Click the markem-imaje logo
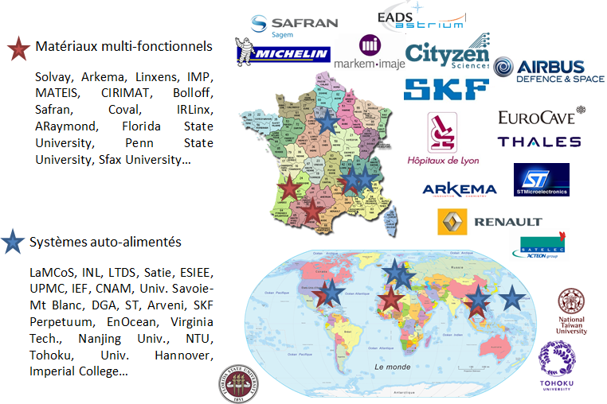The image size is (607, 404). (369, 53)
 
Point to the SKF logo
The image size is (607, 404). (446, 90)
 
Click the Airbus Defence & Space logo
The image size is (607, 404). (549, 71)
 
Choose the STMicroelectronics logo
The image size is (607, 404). (541, 180)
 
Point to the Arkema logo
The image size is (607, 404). (460, 189)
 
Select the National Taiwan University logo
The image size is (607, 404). (573, 311)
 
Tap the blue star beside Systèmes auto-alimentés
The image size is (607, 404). (13, 242)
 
